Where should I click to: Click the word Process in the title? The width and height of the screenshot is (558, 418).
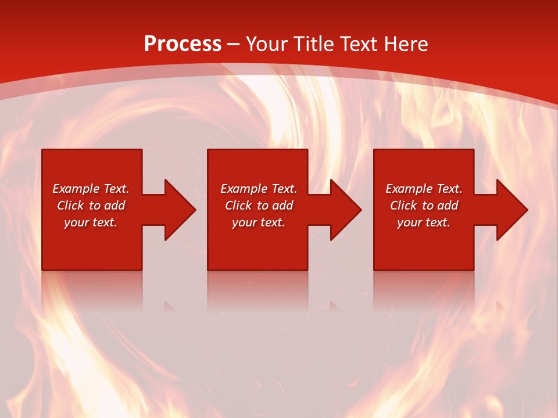(x=183, y=44)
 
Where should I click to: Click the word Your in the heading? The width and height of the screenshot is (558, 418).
(x=266, y=44)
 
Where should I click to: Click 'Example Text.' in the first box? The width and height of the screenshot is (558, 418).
(x=91, y=189)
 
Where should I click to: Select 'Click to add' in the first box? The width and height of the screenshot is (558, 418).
(x=91, y=206)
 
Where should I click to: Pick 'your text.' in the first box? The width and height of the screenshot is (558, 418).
(x=91, y=222)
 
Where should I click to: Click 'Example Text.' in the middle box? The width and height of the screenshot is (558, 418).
(x=259, y=189)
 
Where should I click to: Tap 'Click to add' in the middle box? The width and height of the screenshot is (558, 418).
(x=259, y=206)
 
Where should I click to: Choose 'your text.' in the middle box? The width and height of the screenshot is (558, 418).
(x=259, y=222)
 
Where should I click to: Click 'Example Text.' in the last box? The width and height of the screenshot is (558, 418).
(x=424, y=189)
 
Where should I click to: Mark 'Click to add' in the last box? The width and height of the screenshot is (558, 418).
(x=424, y=206)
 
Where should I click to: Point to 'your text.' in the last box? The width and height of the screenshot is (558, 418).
(x=424, y=222)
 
